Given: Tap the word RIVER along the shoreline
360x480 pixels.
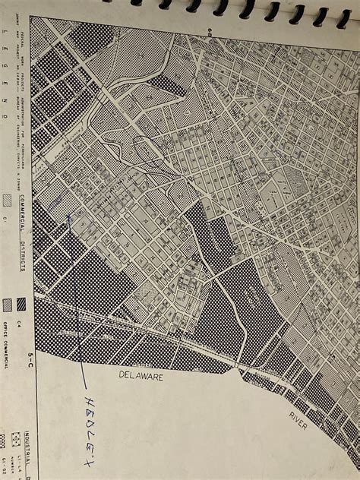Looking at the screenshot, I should pyautogui.click(x=297, y=418).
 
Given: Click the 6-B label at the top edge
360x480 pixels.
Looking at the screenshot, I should pyautogui.click(x=205, y=30).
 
